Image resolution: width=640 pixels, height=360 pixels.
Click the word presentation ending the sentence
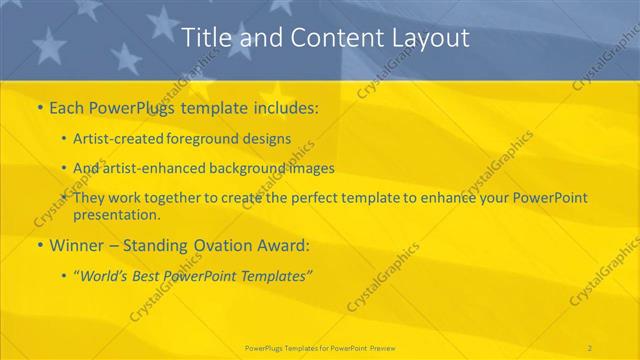pyautogui.click(x=115, y=215)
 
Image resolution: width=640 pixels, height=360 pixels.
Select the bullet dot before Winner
pyautogui.click(x=39, y=244)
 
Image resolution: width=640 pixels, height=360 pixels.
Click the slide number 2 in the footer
pyautogui.click(x=590, y=347)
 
